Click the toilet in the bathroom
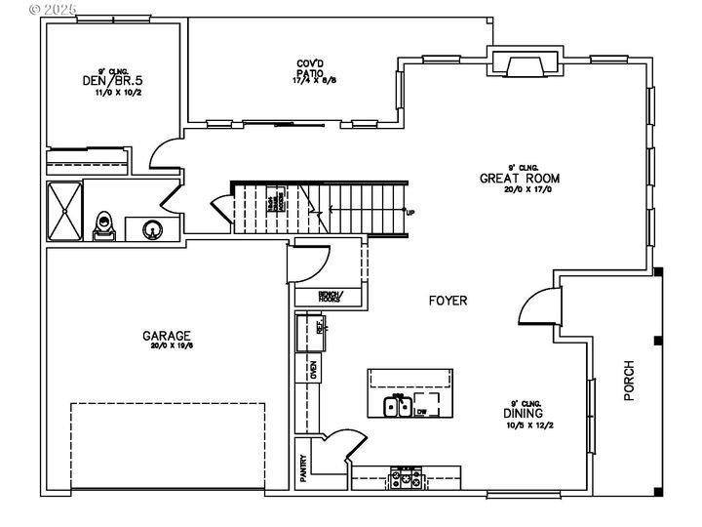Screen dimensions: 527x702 click(x=104, y=226)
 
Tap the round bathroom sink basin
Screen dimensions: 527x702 click(x=151, y=230)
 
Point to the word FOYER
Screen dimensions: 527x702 click(x=448, y=301)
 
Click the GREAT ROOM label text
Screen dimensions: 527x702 click(x=520, y=179)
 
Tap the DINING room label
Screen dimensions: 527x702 click(x=530, y=413)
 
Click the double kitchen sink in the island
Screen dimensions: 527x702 click(x=396, y=407)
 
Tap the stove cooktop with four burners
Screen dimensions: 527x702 click(x=405, y=480)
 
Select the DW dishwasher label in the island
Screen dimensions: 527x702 click(x=421, y=412)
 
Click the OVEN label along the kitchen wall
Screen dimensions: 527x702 click(x=313, y=369)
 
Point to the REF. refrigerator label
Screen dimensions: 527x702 click(x=319, y=325)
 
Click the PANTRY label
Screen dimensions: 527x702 click(x=303, y=467)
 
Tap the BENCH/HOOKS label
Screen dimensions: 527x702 click(x=331, y=297)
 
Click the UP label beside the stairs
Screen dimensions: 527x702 click(x=409, y=212)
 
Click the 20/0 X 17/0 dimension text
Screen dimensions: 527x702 click(x=520, y=190)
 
